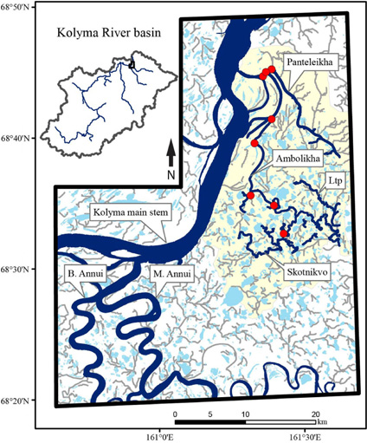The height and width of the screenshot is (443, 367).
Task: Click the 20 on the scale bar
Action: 315,413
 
